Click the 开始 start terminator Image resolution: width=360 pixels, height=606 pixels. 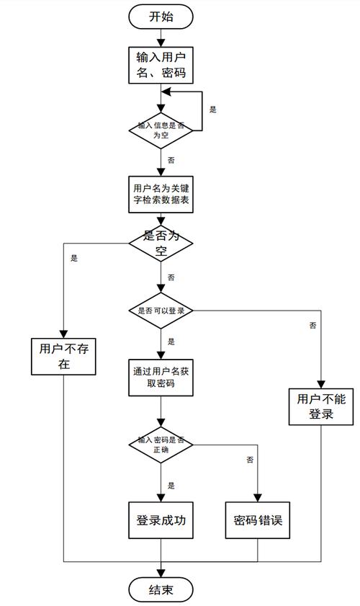tap(161, 17)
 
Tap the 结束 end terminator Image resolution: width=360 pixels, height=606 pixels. tap(161, 590)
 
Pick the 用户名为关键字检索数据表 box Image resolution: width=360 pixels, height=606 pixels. tap(161, 194)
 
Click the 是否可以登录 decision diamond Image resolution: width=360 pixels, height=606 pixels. tap(161, 311)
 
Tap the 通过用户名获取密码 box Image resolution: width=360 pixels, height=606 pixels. tap(161, 378)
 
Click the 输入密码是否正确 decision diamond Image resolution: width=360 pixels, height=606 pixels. tap(161, 444)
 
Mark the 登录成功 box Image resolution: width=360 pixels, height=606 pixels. tap(161, 519)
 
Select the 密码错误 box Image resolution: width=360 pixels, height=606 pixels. tap(258, 519)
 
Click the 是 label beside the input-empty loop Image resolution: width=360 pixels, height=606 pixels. tap(212, 110)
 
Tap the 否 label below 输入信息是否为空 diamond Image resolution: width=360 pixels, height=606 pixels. tap(171, 159)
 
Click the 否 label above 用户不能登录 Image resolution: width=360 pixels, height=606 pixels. tap(312, 326)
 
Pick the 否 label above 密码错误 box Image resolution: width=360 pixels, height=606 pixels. tap(250, 459)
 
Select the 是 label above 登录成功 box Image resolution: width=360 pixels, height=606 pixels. tap(171, 485)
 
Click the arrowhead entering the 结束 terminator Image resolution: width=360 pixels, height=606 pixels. tap(161, 573)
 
